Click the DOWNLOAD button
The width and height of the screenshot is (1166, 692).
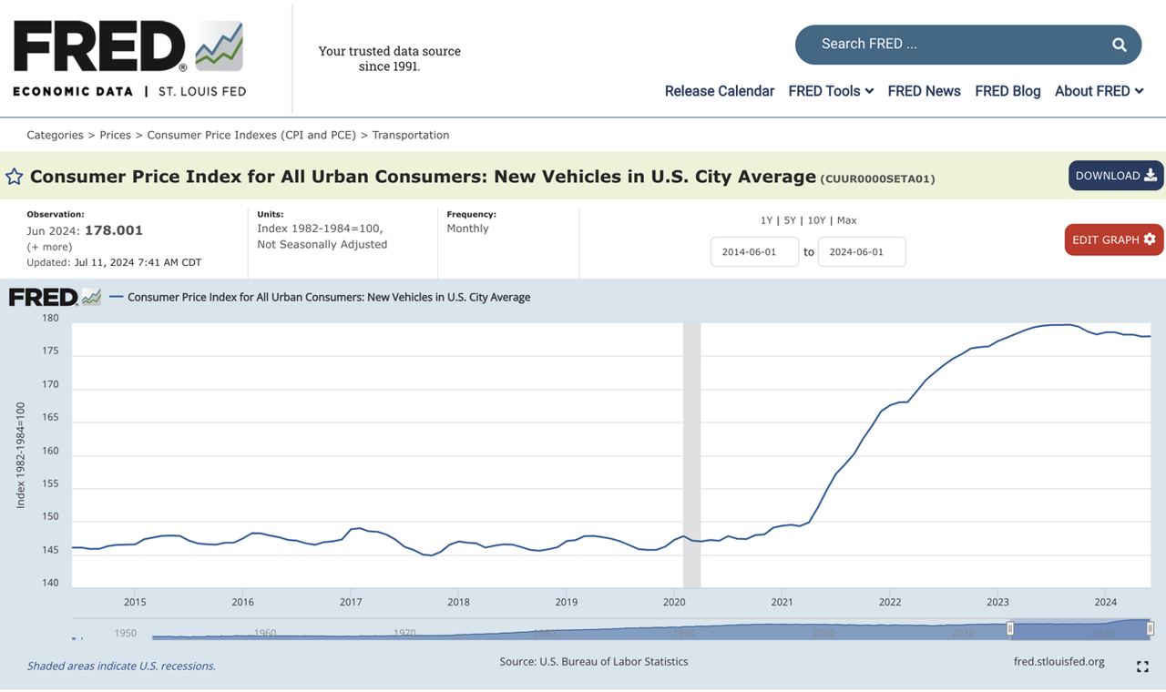(1115, 176)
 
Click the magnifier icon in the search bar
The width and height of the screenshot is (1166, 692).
(1119, 45)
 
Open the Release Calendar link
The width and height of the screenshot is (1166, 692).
(719, 91)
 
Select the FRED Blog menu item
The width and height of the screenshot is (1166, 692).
(1007, 91)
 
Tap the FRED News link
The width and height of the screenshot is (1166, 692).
(924, 91)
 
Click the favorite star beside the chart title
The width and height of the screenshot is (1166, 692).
(15, 177)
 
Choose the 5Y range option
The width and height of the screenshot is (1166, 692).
(790, 220)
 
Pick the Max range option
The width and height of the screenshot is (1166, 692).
(846, 220)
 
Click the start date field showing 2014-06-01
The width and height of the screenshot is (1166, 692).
(754, 252)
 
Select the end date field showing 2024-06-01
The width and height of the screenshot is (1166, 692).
(862, 252)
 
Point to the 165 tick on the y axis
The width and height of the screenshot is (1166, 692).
(50, 418)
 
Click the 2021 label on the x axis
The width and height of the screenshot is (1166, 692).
(782, 602)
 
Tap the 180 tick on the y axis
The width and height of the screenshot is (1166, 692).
(50, 319)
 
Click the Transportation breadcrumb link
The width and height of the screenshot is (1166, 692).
(410, 135)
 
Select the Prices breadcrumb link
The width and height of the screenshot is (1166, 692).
(115, 135)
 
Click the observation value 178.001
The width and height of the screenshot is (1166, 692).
(114, 230)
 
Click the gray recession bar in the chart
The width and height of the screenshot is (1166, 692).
(691, 455)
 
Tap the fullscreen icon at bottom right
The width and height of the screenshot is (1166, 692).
(1142, 667)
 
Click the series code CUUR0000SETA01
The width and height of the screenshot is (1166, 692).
(877, 178)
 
